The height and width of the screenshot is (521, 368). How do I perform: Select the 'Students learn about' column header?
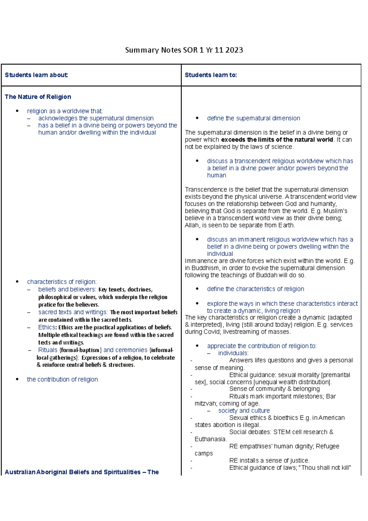(36, 75)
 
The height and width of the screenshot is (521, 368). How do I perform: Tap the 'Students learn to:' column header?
(211, 75)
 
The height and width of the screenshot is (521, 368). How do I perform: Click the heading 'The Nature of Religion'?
(38, 97)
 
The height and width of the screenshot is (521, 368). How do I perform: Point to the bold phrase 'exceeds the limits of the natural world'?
(277, 140)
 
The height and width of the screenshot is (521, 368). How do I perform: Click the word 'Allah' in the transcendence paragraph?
(192, 225)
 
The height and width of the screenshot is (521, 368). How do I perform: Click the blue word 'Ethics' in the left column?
(46, 327)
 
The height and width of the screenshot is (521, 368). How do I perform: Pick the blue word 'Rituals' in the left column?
(48, 350)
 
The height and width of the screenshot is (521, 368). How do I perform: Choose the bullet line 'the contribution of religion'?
(62, 380)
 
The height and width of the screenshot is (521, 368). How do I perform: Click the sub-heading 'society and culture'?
(244, 411)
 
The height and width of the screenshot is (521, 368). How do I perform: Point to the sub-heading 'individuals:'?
(233, 353)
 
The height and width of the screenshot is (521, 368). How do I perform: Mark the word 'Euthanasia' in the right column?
(210, 439)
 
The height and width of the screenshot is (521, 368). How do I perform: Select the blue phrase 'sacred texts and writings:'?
(73, 312)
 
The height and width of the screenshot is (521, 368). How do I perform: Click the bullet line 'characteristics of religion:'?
(62, 282)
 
